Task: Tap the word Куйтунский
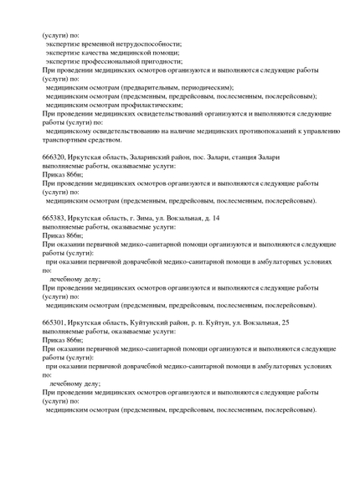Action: click(157, 322)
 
